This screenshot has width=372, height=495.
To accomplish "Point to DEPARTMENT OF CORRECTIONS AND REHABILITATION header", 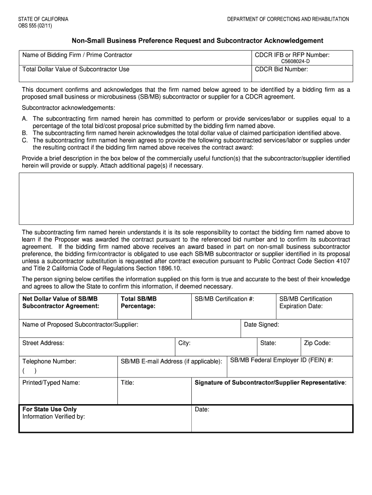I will [x=288, y=19].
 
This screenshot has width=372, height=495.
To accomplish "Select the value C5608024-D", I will [x=296, y=61].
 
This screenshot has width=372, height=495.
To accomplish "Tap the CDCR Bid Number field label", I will [x=281, y=69].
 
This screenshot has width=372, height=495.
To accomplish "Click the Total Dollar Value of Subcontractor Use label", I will [x=76, y=69].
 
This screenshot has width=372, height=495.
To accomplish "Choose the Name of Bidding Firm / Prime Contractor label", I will [x=77, y=55].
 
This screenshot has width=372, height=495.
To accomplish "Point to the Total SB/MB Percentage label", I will [x=139, y=303].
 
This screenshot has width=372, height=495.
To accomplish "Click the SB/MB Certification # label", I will [x=224, y=299].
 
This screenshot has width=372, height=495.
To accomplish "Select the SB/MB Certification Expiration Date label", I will [x=306, y=303].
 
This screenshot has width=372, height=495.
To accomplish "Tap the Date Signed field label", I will [x=261, y=324].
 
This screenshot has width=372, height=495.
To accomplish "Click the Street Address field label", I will [x=43, y=343].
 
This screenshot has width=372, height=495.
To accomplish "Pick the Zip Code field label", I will [x=317, y=343].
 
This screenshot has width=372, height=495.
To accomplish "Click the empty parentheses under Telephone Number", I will [x=29, y=371].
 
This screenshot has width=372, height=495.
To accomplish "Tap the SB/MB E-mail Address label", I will [x=172, y=361].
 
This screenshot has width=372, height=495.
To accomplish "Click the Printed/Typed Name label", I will [x=51, y=382].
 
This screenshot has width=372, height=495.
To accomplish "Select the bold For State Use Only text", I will [x=49, y=409].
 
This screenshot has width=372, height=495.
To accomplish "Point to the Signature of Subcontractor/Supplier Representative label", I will [x=270, y=382].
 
